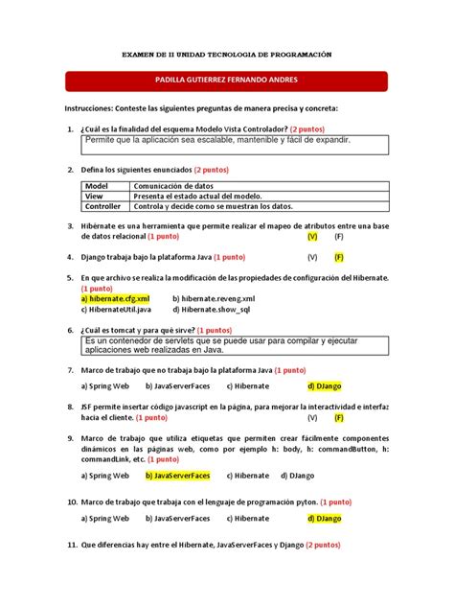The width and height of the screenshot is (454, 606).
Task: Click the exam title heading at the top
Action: click(227, 56)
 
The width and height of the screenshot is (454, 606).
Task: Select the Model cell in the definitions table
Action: click(97, 185)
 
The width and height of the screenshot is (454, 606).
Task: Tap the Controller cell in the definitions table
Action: click(102, 206)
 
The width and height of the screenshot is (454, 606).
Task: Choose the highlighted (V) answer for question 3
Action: click(312, 235)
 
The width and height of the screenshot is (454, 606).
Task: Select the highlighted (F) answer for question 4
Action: click(339, 257)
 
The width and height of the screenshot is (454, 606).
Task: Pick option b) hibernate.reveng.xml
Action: click(215, 298)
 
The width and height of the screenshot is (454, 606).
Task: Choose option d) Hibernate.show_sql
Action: click(212, 309)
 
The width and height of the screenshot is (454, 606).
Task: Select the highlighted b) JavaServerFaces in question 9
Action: click(178, 475)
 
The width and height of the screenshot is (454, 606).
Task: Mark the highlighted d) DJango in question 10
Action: click(324, 518)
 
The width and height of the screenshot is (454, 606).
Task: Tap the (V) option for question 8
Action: click(312, 418)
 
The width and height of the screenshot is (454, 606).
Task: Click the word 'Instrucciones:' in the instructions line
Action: click(94, 108)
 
